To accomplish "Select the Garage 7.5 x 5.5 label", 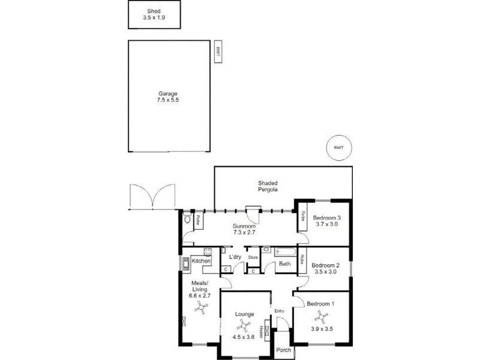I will tap(169, 97).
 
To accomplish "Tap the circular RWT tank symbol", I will tap(338, 148).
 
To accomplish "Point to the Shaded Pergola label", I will tap(268, 186).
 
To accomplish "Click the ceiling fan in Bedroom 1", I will tap(323, 317).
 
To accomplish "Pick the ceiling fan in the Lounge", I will tap(244, 326).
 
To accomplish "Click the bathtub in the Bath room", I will tap(284, 253).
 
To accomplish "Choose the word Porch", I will tap(283, 350).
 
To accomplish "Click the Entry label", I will tap(279, 311).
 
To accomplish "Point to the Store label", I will tap(253, 258).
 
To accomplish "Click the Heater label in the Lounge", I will tap(262, 331).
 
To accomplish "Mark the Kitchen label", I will tap(200, 261).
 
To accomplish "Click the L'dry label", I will tap(236, 257).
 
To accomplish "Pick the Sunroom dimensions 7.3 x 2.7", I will tap(244, 233).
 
